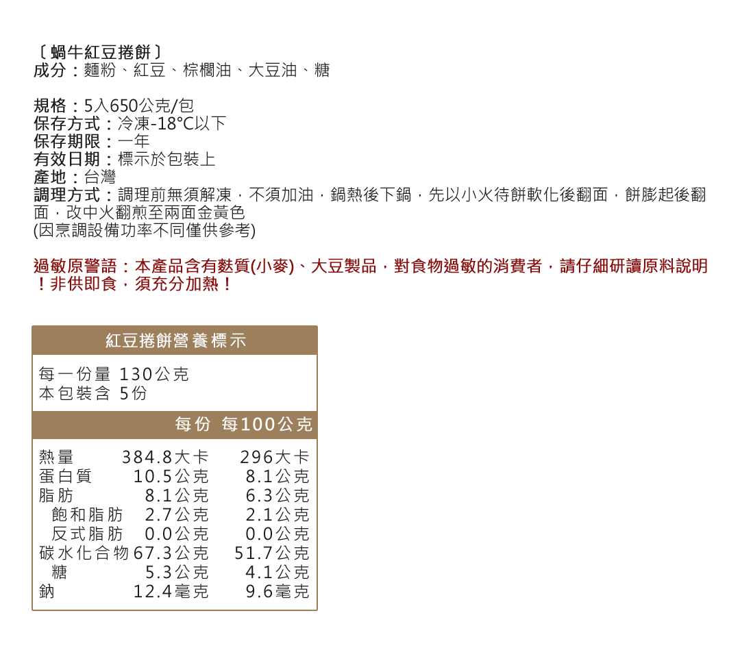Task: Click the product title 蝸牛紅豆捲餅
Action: [101, 52]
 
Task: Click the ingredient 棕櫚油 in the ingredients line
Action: [207, 70]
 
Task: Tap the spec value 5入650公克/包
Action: [138, 105]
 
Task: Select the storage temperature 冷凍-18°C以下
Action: [172, 123]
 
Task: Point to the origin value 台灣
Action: [100, 177]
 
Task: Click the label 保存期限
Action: [66, 142]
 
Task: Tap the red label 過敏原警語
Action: [75, 266]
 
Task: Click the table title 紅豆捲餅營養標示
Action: [175, 340]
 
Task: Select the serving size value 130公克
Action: [154, 374]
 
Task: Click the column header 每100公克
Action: [267, 424]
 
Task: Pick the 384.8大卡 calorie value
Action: [165, 457]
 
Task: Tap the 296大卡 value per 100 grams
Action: [275, 457]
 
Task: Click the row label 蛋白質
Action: [65, 476]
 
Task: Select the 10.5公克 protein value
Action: [171, 476]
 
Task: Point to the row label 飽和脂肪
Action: [87, 514]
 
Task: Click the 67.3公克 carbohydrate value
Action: [171, 553]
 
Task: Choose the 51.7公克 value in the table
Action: [272, 553]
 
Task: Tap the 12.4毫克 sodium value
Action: [171, 591]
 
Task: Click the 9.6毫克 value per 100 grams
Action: [277, 591]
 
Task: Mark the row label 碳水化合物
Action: [84, 553]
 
